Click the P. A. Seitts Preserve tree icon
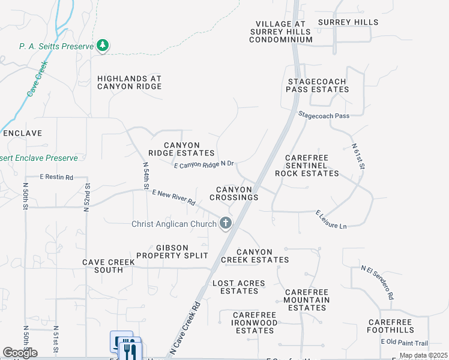103,46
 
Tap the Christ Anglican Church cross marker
226,224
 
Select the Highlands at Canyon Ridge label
130,82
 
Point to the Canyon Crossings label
234,193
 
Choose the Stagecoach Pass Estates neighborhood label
318,85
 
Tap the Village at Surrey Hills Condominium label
281,31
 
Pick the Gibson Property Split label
172,251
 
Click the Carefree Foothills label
390,326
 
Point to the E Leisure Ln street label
331,219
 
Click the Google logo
20,353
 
